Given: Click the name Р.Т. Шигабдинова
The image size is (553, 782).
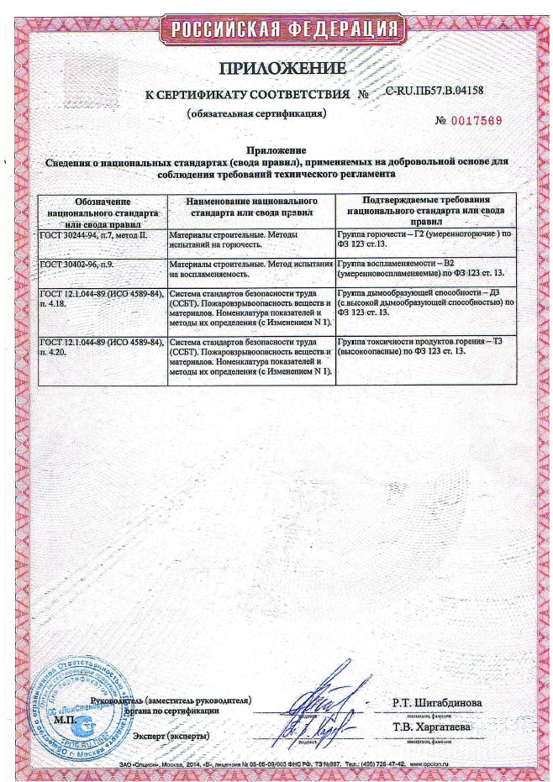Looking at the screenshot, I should point(437,701).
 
